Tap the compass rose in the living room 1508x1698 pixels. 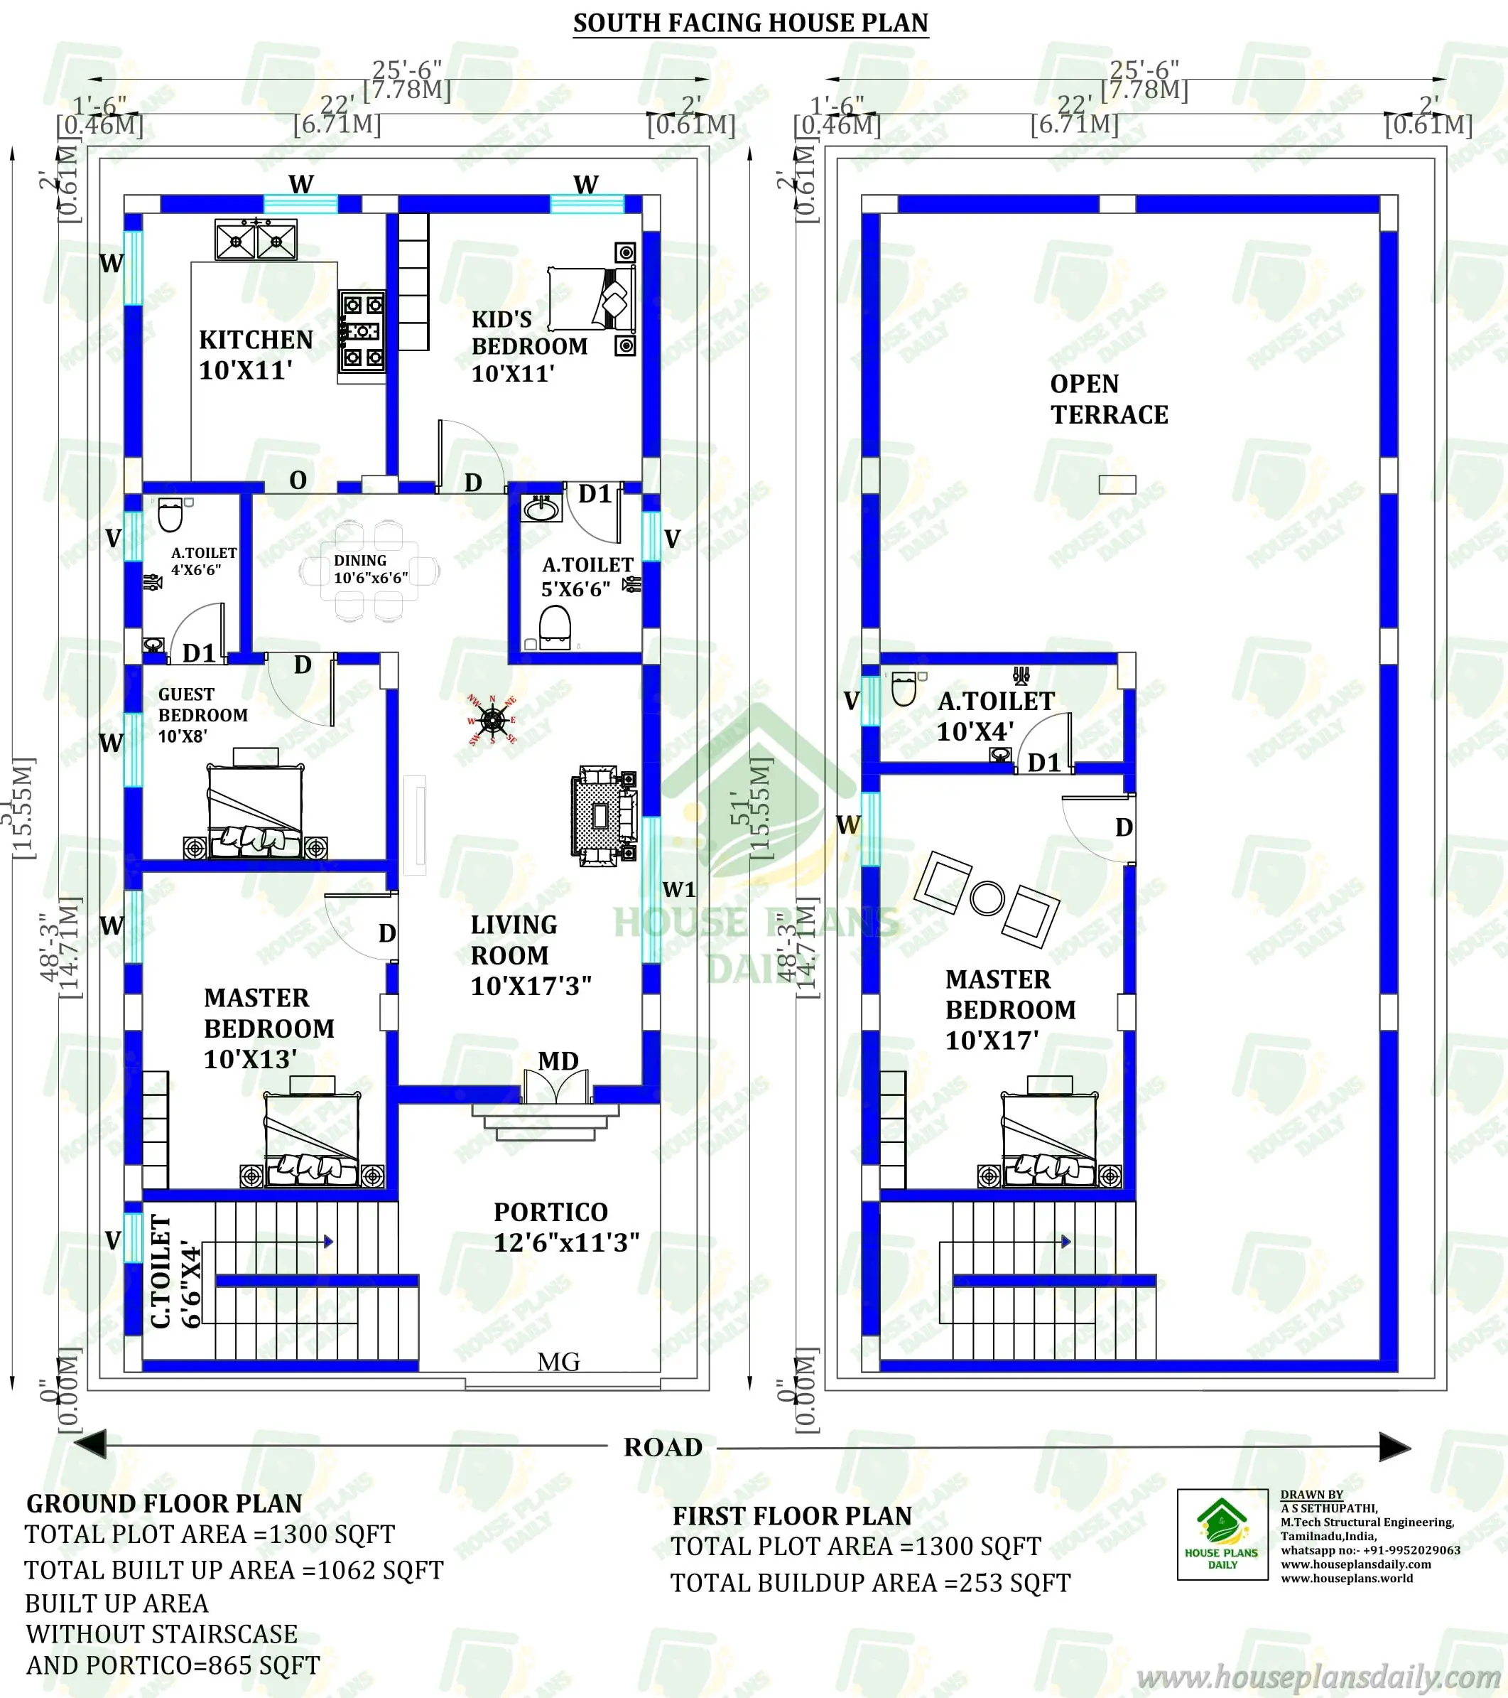[492, 719]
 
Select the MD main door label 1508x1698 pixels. [558, 1061]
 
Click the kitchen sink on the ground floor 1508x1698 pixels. [256, 241]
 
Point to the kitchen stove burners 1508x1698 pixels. [363, 331]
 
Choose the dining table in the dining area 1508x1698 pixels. [369, 570]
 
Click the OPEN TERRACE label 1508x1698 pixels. [1109, 399]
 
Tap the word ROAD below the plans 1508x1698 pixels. [663, 1447]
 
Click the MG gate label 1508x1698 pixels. [559, 1362]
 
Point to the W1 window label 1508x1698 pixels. [679, 890]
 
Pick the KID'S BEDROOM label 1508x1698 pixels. [529, 346]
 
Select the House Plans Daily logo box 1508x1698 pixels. [1222, 1535]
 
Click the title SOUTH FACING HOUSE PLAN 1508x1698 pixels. [751, 23]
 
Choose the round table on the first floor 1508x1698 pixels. [987, 898]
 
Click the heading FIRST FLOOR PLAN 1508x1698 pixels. [792, 1516]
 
